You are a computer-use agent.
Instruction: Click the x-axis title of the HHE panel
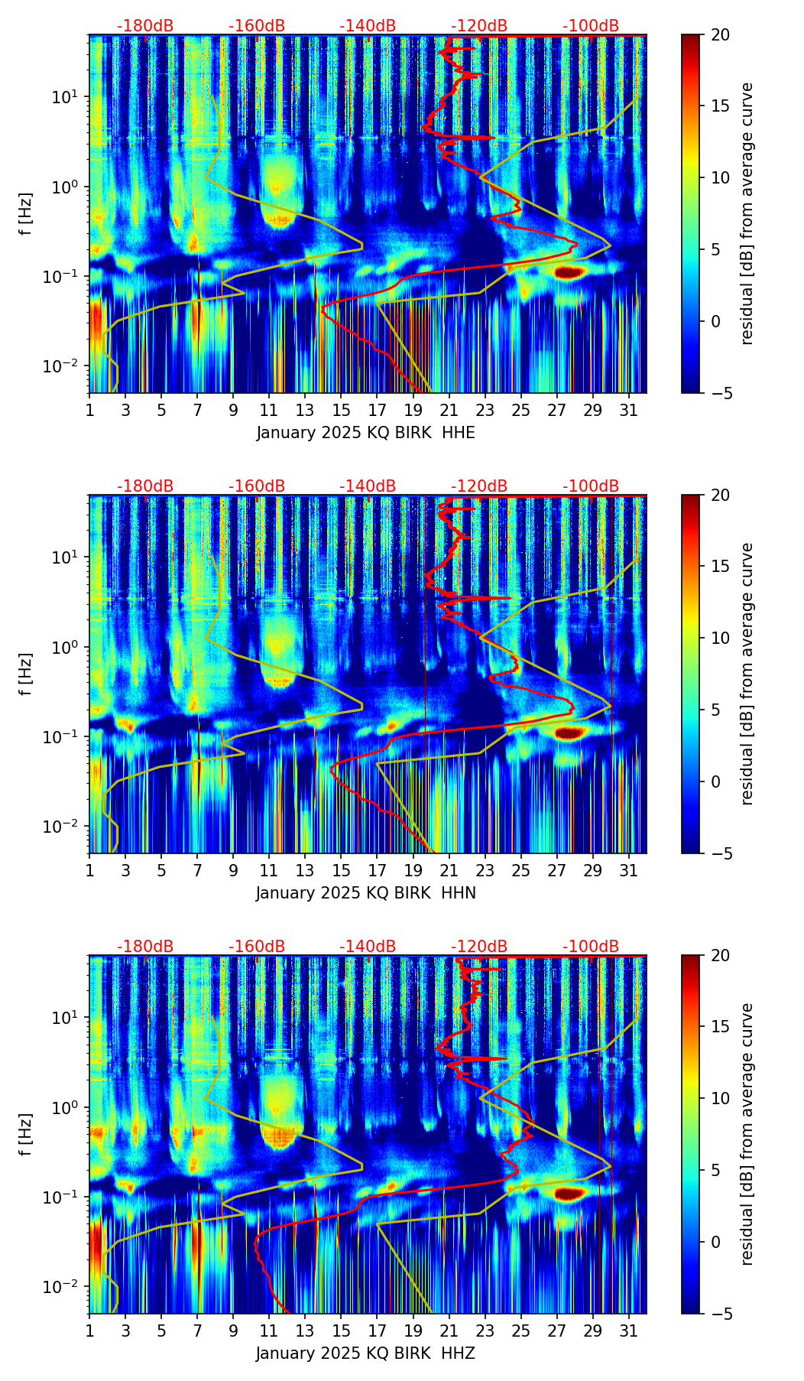tap(365, 433)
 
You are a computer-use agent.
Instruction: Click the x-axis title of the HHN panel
tap(365, 893)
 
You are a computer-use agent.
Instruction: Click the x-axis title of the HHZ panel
tap(365, 1353)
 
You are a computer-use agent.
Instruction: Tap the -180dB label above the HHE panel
tap(145, 26)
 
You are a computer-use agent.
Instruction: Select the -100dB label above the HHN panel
tap(591, 486)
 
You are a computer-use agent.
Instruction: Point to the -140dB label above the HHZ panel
tap(368, 947)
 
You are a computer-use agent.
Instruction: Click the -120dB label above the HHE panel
tap(479, 26)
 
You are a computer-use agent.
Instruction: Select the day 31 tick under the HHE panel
tap(629, 410)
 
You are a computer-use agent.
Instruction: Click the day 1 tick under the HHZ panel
tap(90, 1331)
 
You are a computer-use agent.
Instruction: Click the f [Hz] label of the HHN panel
tap(26, 674)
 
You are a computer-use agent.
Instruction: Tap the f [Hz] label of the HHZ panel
tap(26, 1134)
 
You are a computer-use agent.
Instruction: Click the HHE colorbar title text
tap(747, 213)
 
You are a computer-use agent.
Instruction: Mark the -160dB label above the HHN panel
tap(257, 486)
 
